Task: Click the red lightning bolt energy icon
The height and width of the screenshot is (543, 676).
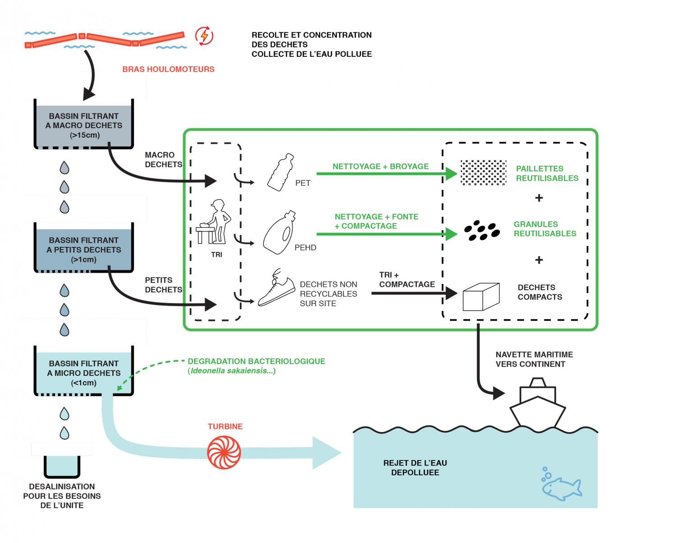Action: pos(204,36)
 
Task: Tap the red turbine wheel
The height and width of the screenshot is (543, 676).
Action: pos(224,452)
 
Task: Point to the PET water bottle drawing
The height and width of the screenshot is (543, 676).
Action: pos(280,172)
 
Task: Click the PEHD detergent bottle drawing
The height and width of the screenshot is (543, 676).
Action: pos(279,233)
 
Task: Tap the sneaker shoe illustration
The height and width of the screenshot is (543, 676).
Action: pos(276,287)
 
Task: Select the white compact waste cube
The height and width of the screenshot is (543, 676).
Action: pos(481,297)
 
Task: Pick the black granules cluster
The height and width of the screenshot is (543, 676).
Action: pos(482,231)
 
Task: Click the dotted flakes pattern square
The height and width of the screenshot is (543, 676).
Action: pos(484,173)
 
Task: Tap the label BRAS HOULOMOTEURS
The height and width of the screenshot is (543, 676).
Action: pos(169,69)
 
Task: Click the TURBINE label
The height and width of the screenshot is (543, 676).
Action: pos(225,426)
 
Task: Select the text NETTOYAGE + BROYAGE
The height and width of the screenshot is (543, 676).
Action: pos(380,166)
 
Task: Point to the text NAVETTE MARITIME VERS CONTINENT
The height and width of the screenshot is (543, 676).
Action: pos(534,359)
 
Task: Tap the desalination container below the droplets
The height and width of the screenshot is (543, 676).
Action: pos(62,466)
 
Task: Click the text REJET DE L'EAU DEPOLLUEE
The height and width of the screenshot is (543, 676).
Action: pos(415,468)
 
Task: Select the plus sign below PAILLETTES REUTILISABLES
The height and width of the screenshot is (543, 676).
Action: pos(539,198)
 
